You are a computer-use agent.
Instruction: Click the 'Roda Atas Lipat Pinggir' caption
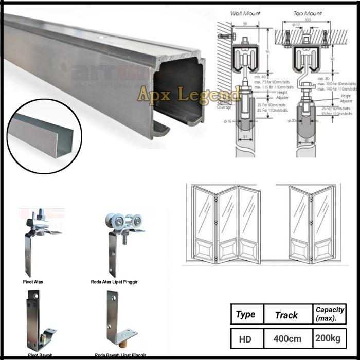pyautogui.click(x=118, y=282)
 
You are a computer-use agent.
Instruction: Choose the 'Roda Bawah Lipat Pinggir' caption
pyautogui.click(x=119, y=355)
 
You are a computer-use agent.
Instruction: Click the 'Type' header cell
pyautogui.click(x=245, y=314)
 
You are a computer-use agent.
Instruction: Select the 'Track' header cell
pyautogui.click(x=286, y=315)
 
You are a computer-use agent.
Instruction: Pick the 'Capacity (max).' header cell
pyautogui.click(x=330, y=314)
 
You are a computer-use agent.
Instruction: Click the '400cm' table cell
pyautogui.click(x=286, y=339)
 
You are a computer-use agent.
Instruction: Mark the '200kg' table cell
pyautogui.click(x=330, y=339)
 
